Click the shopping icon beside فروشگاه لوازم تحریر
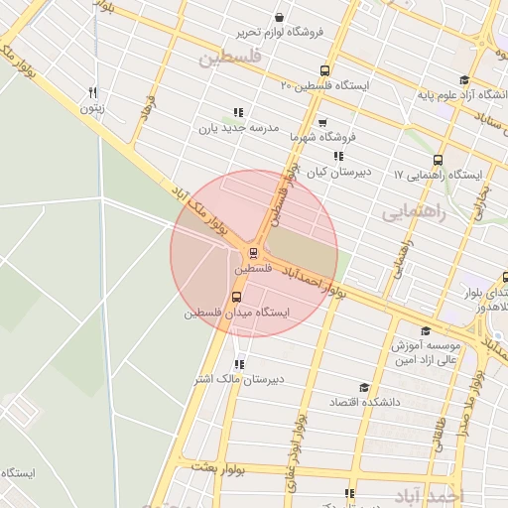pos(279,17)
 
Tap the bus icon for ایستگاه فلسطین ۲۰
pos(324,70)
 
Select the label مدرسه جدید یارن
pos(239,128)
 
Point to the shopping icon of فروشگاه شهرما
pos(350,123)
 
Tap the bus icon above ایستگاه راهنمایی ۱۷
pos(438,160)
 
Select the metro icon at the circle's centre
pos(254,253)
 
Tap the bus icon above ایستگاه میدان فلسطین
pos(236,297)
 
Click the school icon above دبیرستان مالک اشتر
pos(238,364)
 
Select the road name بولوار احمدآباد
pos(314,281)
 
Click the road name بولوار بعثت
pos(219,465)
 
